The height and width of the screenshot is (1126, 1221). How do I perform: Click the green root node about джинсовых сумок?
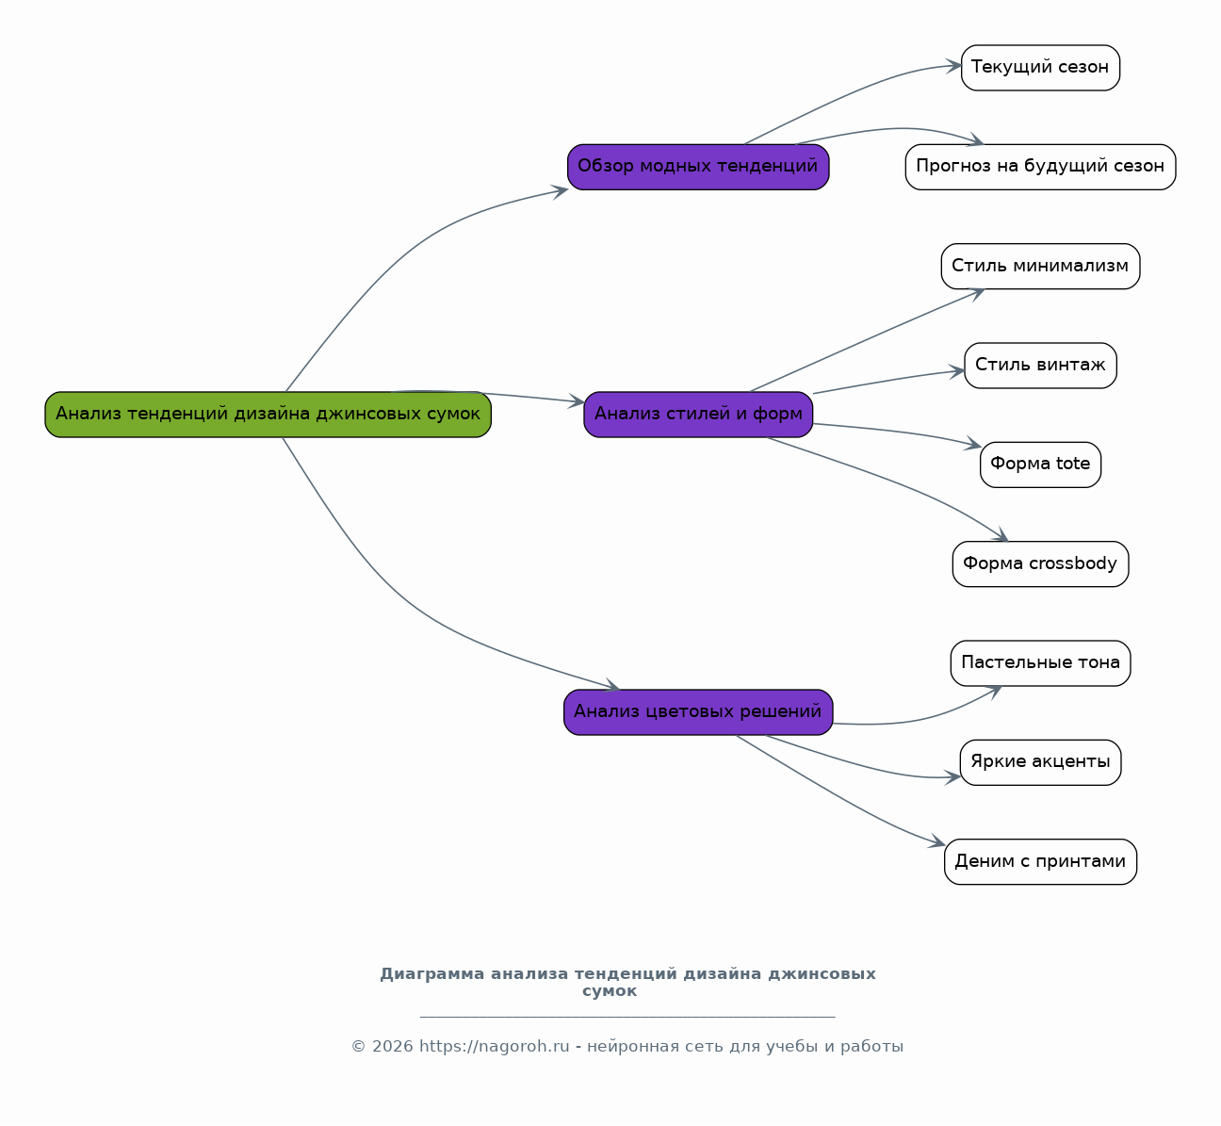click(x=269, y=415)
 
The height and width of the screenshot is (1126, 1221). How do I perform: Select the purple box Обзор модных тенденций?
click(x=698, y=167)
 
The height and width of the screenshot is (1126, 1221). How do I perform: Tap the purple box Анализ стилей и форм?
click(x=698, y=415)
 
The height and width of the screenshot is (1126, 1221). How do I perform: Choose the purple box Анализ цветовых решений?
click(x=698, y=712)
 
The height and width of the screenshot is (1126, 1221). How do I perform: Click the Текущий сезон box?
click(x=1040, y=68)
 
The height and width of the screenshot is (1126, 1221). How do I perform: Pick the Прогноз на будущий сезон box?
click(x=1040, y=167)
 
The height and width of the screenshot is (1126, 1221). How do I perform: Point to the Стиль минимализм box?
click(x=1040, y=267)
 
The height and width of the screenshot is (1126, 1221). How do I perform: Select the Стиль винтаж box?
click(x=1040, y=366)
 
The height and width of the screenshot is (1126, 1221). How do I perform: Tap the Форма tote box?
click(x=1040, y=465)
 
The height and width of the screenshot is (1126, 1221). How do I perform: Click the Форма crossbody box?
click(x=1040, y=563)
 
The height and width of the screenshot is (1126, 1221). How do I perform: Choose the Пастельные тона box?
click(x=1040, y=663)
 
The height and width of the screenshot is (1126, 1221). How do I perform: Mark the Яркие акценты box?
click(x=1040, y=762)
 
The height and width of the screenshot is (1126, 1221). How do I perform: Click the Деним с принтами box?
click(x=1040, y=861)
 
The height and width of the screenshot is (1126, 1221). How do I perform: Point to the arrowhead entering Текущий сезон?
click(x=954, y=66)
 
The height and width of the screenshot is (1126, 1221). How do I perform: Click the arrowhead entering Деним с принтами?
click(x=938, y=841)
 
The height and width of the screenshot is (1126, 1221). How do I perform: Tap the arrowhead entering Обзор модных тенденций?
click(x=560, y=191)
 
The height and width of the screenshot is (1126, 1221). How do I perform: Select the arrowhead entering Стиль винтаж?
click(x=957, y=371)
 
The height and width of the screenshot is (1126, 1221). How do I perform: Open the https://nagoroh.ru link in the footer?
click(x=495, y=1047)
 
